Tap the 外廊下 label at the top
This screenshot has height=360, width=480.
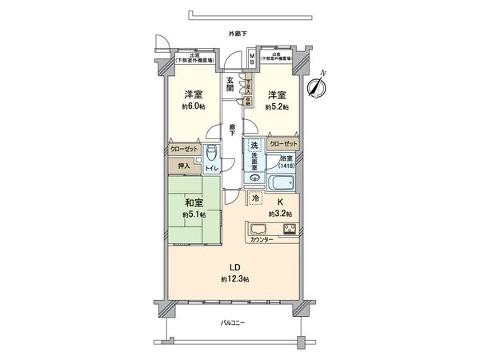point(238,34)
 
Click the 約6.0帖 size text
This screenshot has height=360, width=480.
point(194,106)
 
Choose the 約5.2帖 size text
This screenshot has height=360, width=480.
point(278,106)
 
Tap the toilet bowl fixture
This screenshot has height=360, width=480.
point(211,154)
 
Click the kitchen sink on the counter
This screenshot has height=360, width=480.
point(262,228)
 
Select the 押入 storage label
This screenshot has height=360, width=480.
point(183,166)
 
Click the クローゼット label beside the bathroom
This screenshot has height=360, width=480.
point(283,143)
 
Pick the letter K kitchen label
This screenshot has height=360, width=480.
point(280,202)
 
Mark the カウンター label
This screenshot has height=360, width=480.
point(262,240)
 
